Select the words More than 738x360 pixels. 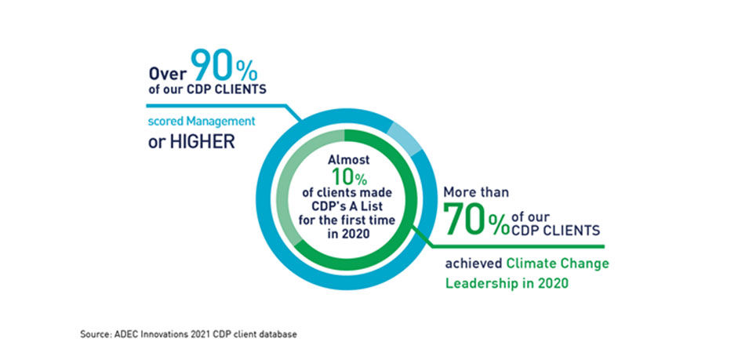pyautogui.click(x=476, y=191)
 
